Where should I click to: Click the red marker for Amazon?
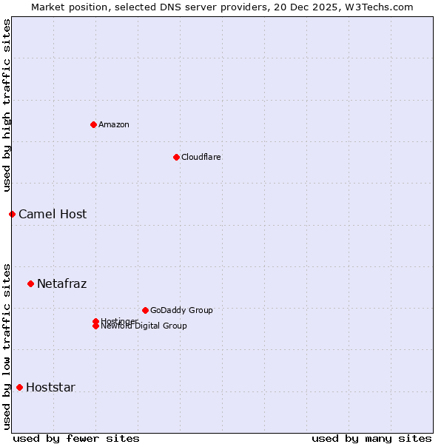pos(93,124)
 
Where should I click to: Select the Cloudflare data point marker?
pos(176,157)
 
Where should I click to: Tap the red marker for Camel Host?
pos(12,214)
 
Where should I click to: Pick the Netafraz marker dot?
pos(30,283)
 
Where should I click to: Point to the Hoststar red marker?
pos(19,387)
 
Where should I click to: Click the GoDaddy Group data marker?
pos(145,310)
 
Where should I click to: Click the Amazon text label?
pos(113,124)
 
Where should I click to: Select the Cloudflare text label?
pos(201,157)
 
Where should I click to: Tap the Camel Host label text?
pos(53,215)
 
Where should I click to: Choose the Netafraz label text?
pos(61,284)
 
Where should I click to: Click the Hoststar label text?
pos(50,388)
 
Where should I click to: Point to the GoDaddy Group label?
pos(181,310)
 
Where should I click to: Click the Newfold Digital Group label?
pos(144,326)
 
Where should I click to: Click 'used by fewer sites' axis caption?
pos(76,438)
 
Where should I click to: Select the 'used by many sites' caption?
pos(371,438)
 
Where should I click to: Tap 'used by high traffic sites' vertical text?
pos(7,105)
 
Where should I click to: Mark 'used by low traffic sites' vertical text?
pos(7,346)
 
